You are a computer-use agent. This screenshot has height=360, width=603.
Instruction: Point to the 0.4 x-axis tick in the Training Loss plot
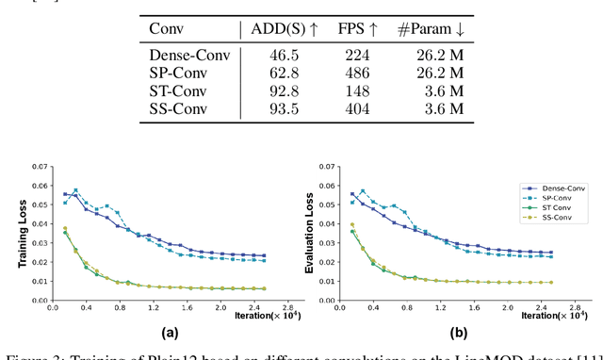click(x=76, y=308)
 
